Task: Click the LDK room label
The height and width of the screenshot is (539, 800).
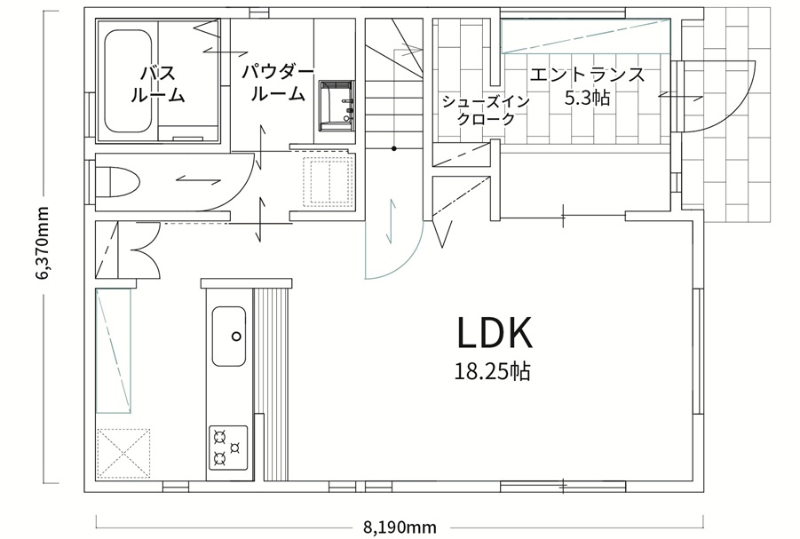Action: (x=495, y=332)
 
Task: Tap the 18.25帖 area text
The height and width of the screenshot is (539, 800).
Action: (x=493, y=372)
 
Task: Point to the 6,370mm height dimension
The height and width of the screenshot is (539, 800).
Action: (x=42, y=243)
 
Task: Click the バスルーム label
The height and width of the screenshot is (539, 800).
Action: (x=157, y=83)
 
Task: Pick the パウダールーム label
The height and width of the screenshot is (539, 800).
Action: (x=278, y=83)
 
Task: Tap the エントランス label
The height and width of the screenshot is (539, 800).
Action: (x=587, y=75)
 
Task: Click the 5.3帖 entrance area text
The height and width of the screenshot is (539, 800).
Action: (x=587, y=97)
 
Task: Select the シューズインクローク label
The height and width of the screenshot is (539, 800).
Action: (x=486, y=110)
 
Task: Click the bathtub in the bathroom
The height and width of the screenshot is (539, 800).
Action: (x=128, y=81)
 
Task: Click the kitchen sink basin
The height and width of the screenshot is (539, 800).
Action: (x=228, y=337)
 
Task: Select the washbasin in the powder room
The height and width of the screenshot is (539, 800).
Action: (x=337, y=106)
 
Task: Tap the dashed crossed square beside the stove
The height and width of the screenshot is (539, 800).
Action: (x=124, y=453)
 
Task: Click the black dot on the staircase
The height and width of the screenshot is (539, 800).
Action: (x=394, y=148)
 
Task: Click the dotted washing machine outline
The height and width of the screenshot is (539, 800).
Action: (x=328, y=181)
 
